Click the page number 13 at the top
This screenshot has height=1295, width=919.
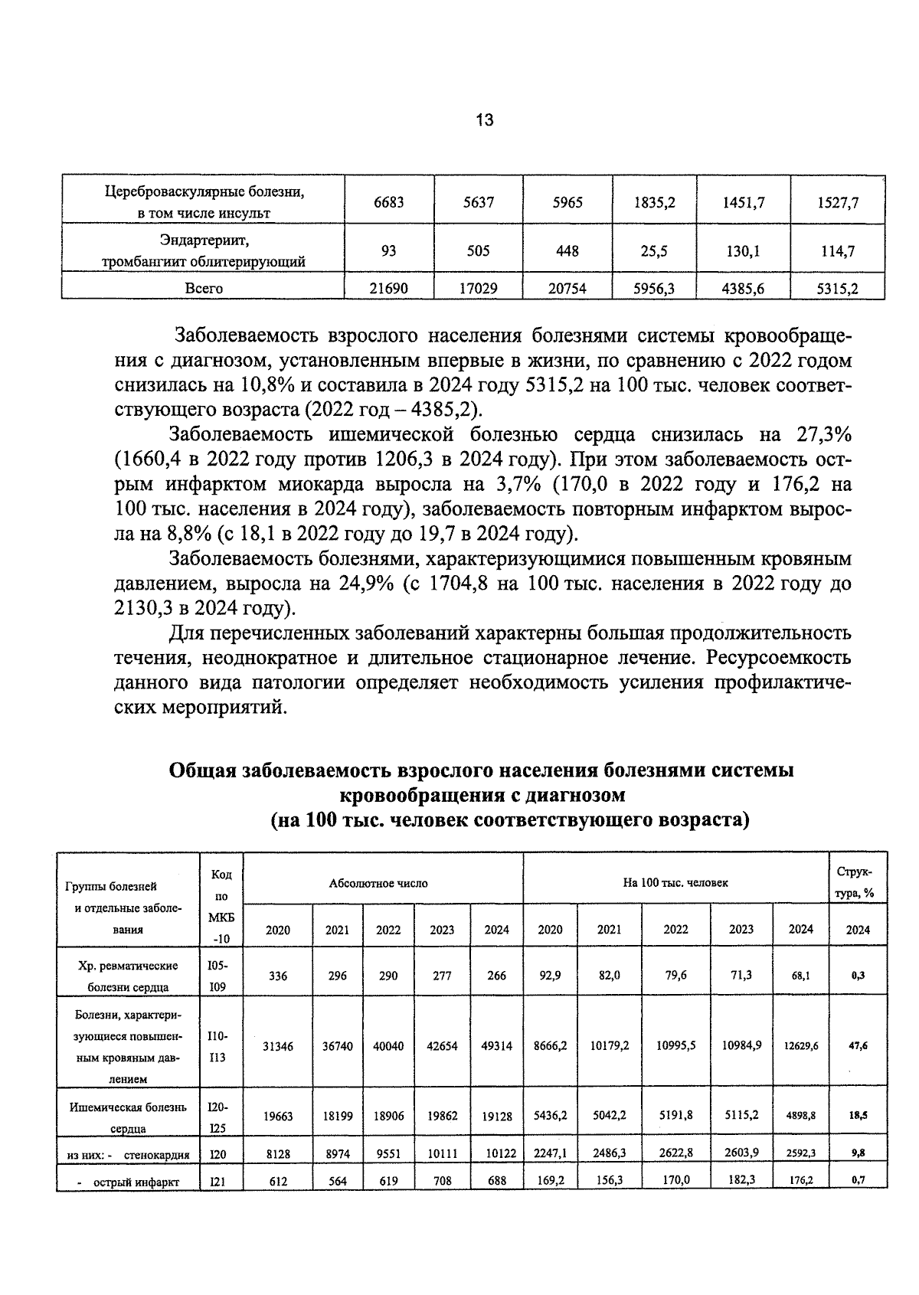pos(484,120)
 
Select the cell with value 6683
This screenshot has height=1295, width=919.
pos(388,202)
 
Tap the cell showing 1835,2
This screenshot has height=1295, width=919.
pos(655,202)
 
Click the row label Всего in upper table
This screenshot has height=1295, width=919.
pos(204,289)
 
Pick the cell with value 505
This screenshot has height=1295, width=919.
pos(479,251)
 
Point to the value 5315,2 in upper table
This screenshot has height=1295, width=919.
pos(838,289)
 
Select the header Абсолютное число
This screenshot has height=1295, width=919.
pos(378,883)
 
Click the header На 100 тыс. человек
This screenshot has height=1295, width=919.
pos(675,883)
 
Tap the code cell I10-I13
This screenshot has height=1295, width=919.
pos(217,1046)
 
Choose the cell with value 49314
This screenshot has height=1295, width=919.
pos(496,1046)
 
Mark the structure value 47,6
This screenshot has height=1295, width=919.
pos(858,1045)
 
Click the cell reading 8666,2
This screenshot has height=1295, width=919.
pos(550,1045)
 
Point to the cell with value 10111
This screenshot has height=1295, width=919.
pos(442,1154)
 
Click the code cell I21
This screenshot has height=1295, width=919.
pos(217,1182)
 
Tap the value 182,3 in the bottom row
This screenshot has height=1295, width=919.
pos(741,1180)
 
